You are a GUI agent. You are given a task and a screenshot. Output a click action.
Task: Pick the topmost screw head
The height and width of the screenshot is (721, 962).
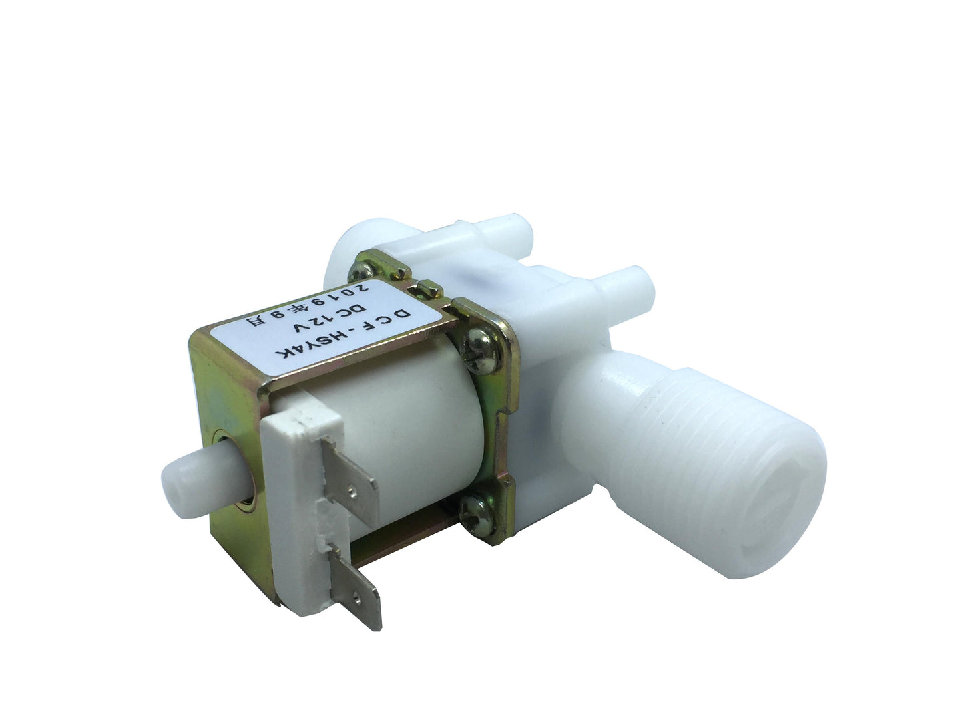pos(361,271)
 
